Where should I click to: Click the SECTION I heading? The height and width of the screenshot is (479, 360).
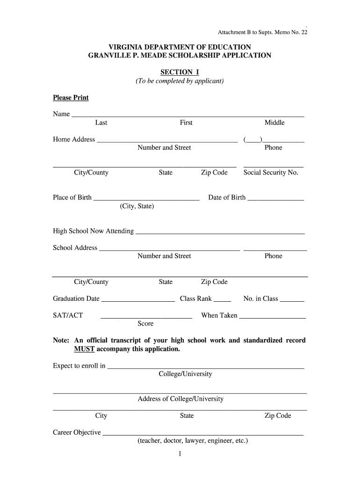[x=180, y=72]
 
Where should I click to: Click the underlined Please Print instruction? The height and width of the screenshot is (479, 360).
[x=71, y=98]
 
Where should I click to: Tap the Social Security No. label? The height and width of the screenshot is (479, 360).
[x=271, y=173]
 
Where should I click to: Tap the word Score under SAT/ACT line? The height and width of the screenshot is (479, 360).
[x=145, y=324]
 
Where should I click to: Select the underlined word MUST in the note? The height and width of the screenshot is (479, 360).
[x=84, y=349]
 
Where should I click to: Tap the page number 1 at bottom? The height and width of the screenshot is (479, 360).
[x=180, y=454]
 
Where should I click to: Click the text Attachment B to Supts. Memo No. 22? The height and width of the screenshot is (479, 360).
[x=263, y=33]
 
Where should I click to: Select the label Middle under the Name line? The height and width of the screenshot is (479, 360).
[x=274, y=123]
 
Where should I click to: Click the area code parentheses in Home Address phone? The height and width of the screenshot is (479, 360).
[x=252, y=139]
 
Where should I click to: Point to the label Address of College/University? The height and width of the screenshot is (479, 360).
[x=180, y=399]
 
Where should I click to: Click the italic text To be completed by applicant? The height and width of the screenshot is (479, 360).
[x=180, y=81]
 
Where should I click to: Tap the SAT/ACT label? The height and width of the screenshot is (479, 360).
[x=68, y=316]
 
